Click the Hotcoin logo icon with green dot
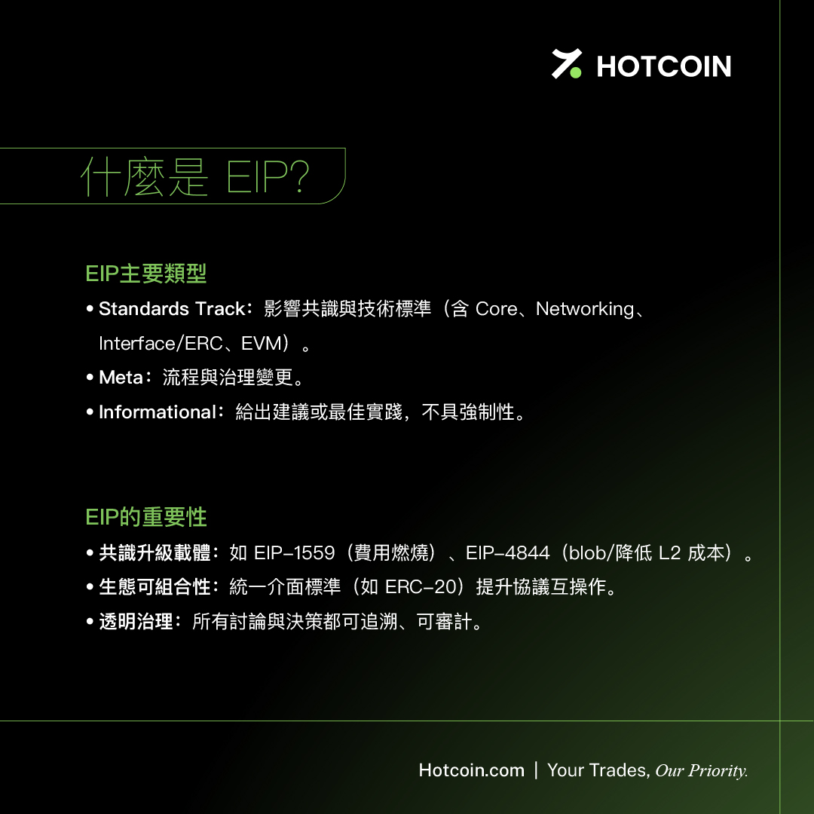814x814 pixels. [566, 64]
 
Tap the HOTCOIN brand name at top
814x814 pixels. [664, 66]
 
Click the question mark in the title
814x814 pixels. [299, 176]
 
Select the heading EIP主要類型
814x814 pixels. [146, 274]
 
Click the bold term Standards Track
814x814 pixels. [172, 309]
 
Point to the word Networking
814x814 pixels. [585, 310]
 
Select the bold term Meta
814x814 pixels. [121, 378]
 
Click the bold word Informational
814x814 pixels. [158, 412]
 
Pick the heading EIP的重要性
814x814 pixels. [146, 517]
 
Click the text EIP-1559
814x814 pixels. [295, 553]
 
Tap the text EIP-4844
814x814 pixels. [508, 553]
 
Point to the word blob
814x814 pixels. [588, 553]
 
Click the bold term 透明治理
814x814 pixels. [136, 621]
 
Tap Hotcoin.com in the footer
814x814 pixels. [471, 770]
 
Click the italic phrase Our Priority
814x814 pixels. [702, 771]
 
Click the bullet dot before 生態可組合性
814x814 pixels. [90, 587]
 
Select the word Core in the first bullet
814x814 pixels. [496, 310]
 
